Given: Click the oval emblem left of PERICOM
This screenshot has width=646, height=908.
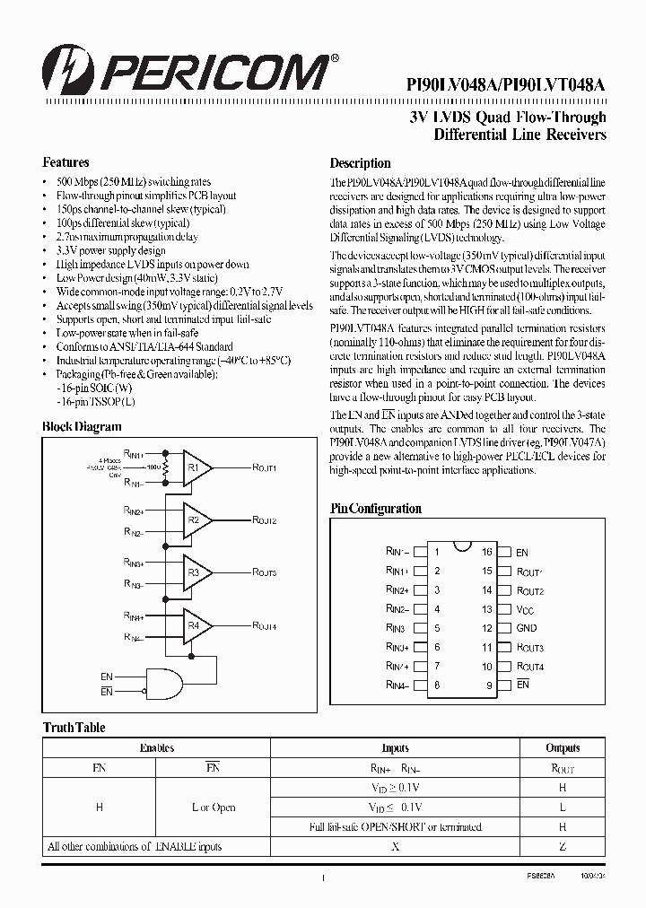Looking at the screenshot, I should click(x=64, y=70).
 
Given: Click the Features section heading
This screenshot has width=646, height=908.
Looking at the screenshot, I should click(x=65, y=163).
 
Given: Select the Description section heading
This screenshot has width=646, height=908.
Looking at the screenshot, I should click(x=360, y=163).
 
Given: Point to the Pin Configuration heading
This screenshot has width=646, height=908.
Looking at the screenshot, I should click(x=375, y=509).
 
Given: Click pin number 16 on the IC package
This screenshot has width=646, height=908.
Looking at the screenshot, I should click(x=487, y=553).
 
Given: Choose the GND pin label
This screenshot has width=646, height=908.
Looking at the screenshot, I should click(x=527, y=628).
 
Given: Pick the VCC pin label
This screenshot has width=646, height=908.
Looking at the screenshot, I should click(x=526, y=609).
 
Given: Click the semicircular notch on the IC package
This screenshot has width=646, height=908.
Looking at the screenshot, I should click(x=461, y=546).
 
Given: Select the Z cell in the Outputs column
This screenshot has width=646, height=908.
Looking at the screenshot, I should click(x=563, y=846).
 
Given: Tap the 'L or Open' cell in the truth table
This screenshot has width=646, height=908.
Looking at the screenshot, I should click(x=214, y=807).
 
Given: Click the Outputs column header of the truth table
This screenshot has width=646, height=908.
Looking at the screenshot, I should click(x=563, y=747).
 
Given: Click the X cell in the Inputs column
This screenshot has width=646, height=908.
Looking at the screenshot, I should click(x=395, y=846).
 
